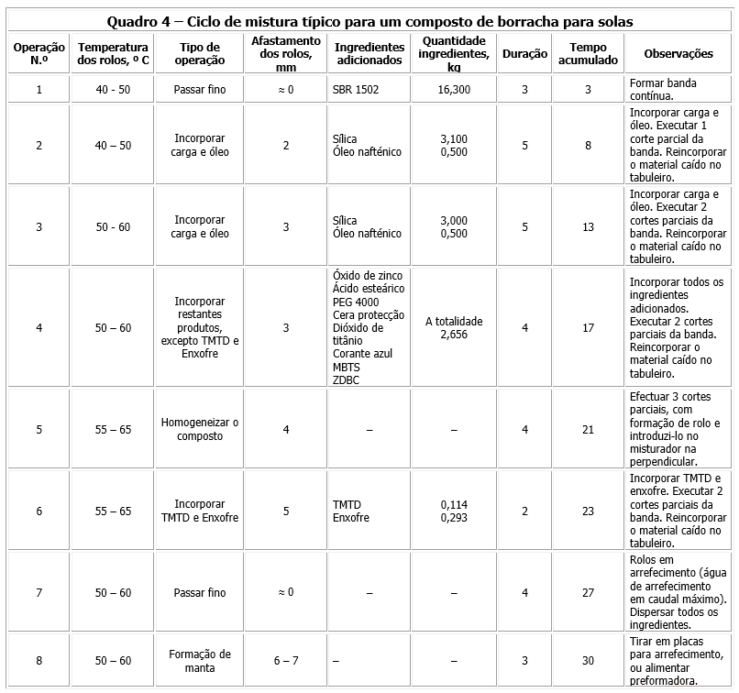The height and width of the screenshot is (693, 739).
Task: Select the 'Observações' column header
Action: click(678, 54)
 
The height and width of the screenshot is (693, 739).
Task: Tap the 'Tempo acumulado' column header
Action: click(588, 54)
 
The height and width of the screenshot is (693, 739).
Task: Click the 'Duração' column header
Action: click(525, 54)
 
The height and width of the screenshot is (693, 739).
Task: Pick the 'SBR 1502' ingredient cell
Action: click(356, 90)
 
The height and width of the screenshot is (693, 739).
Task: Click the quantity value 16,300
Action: click(454, 90)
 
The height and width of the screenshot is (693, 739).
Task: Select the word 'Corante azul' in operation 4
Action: click(362, 354)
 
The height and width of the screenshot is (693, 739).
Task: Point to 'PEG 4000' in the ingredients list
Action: click(356, 302)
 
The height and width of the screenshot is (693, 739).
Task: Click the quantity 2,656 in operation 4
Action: click(454, 335)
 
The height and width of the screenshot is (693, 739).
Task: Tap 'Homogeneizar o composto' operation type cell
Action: click(199, 429)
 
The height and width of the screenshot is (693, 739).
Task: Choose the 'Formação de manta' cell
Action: click(199, 661)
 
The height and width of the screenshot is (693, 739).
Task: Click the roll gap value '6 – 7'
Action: click(286, 661)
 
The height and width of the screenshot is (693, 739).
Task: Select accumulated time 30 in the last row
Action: click(588, 661)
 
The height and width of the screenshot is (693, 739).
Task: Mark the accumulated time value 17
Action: click(588, 328)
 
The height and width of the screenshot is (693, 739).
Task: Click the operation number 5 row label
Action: click(39, 429)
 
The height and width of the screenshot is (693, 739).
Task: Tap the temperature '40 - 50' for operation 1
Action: click(113, 90)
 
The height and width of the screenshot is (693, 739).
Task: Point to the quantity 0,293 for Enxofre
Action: click(454, 518)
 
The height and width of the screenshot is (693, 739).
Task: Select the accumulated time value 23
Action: click(588, 511)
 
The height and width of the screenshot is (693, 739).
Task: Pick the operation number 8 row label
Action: click(39, 661)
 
